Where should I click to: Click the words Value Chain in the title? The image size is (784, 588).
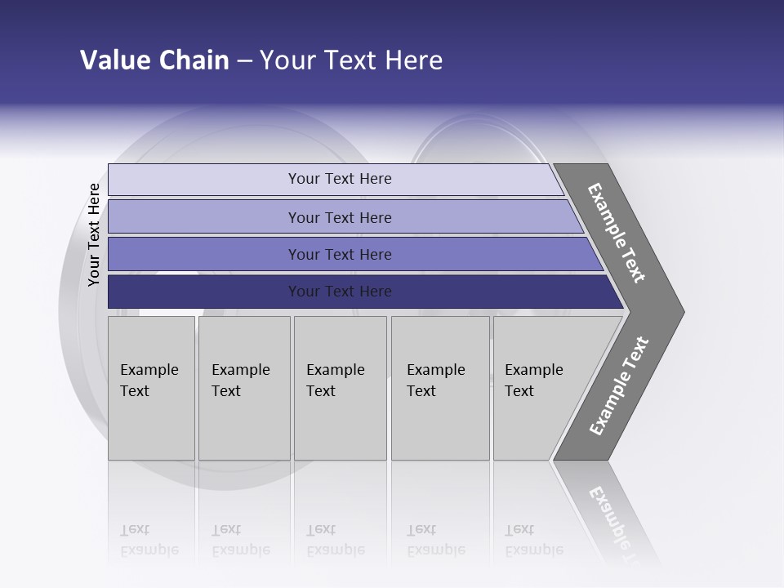click(154, 60)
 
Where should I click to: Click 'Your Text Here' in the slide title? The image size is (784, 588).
click(351, 60)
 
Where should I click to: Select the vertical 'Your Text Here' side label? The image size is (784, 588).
click(94, 234)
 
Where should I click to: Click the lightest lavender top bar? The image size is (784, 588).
click(340, 179)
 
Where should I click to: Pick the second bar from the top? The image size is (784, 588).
click(340, 217)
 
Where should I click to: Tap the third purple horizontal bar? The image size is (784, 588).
click(340, 254)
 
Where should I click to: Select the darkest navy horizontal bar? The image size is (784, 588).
click(340, 292)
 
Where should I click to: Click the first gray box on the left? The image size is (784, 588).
click(151, 388)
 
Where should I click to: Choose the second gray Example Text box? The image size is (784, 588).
click(243, 388)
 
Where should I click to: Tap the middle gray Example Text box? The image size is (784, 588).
click(340, 388)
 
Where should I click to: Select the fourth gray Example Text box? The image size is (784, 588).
click(439, 388)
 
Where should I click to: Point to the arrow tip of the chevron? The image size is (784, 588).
click(679, 311)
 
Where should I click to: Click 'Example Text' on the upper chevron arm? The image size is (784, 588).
click(617, 233)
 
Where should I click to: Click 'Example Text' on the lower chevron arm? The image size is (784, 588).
click(619, 386)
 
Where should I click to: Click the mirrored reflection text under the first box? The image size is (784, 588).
click(149, 540)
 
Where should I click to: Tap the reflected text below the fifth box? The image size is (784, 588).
click(533, 540)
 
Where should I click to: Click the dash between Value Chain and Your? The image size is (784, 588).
click(244, 61)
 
